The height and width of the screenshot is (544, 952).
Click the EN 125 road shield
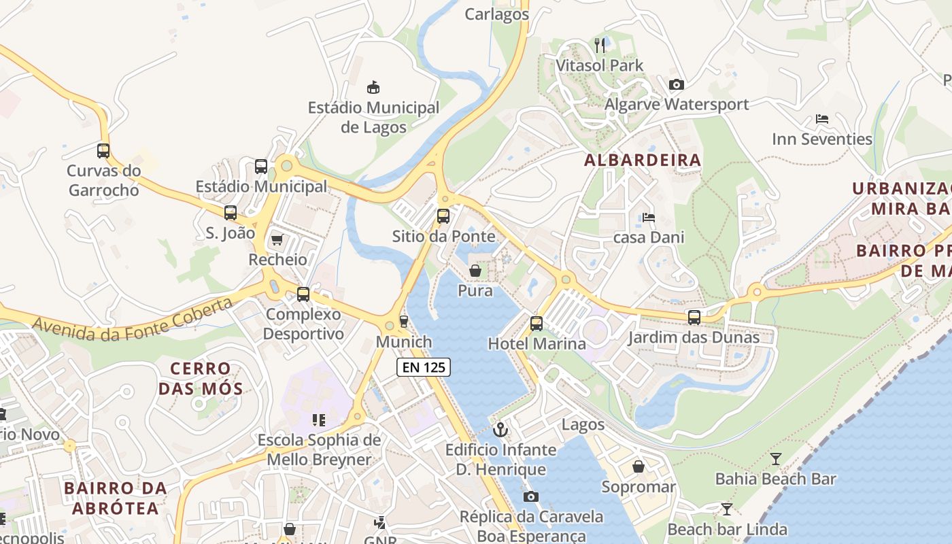pyautogui.click(x=424, y=367)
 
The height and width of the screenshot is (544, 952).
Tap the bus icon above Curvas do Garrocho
pyautogui.click(x=103, y=151)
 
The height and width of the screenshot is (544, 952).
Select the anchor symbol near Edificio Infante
pyautogui.click(x=500, y=430)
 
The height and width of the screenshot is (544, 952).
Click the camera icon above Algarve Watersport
pyautogui.click(x=676, y=84)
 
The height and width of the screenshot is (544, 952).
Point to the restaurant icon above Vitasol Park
pyautogui.click(x=599, y=46)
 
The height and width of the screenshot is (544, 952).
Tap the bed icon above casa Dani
pyautogui.click(x=649, y=218)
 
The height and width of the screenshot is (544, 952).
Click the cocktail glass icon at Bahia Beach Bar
pyautogui.click(x=775, y=459)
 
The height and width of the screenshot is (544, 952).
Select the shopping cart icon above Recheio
pyautogui.click(x=277, y=239)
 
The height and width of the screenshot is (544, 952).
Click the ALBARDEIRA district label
pyautogui.click(x=642, y=160)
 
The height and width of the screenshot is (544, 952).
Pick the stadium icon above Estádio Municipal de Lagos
pyautogui.click(x=373, y=87)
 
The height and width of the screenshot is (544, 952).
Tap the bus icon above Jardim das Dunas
pyautogui.click(x=694, y=317)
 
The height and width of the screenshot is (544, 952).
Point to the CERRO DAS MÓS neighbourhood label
pyautogui.click(x=200, y=379)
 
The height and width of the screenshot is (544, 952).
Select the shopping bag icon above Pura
pyautogui.click(x=475, y=271)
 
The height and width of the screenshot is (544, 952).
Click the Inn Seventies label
pyautogui.click(x=821, y=139)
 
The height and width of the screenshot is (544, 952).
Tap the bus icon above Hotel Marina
pyautogui.click(x=537, y=324)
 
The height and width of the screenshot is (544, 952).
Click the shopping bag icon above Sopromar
pyautogui.click(x=638, y=466)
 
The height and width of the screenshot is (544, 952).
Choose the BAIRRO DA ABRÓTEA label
pyautogui.click(x=115, y=498)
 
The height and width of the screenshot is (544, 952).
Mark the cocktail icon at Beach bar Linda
pyautogui.click(x=726, y=509)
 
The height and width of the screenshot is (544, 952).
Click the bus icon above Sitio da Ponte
pyautogui.click(x=443, y=216)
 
